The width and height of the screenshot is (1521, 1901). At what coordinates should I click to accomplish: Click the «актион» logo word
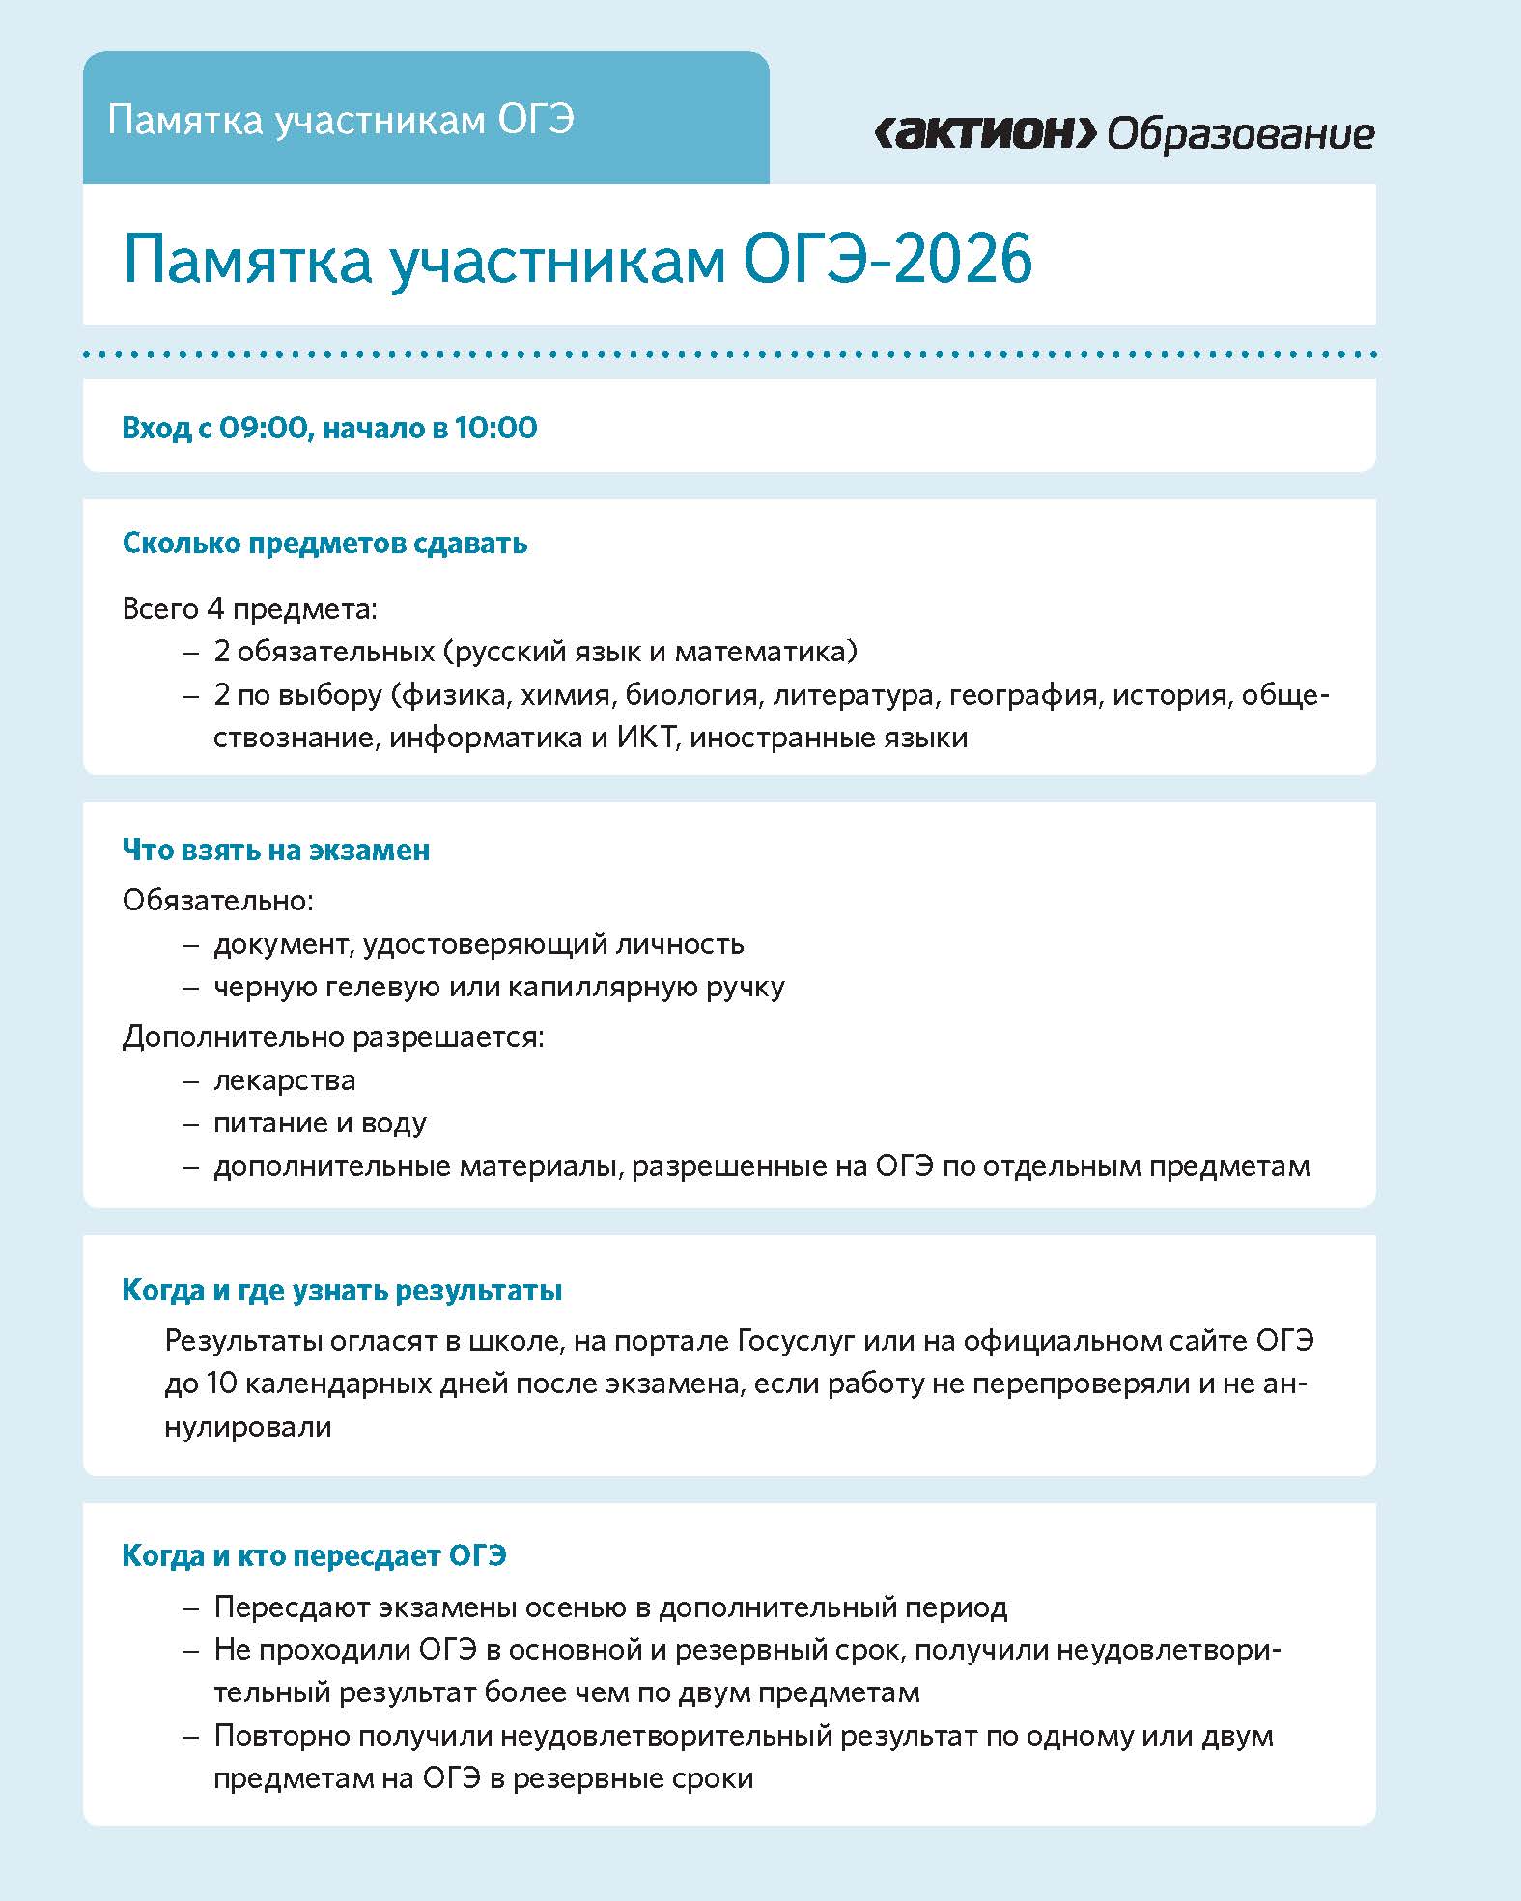[x=985, y=133]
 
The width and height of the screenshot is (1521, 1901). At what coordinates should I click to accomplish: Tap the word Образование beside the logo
[x=1240, y=133]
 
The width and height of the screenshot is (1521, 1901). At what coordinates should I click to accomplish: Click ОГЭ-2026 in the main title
[x=887, y=259]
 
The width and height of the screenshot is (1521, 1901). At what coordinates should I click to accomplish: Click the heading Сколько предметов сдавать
[x=324, y=544]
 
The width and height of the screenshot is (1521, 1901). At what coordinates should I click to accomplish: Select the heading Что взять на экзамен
[x=276, y=851]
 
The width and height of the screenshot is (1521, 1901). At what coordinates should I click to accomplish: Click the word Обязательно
[x=217, y=901]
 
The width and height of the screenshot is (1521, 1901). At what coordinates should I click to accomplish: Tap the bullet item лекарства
[x=284, y=1079]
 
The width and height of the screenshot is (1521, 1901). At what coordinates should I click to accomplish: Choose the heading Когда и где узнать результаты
[x=342, y=1291]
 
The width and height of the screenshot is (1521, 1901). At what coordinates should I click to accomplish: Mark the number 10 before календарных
[x=221, y=1384]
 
